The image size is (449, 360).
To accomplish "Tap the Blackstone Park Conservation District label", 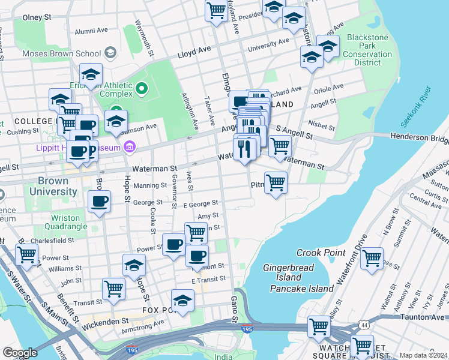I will [x=367, y=50].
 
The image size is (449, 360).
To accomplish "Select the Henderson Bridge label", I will [x=419, y=139].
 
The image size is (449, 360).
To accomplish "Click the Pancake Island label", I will [x=301, y=289].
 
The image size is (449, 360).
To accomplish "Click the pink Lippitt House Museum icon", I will [x=129, y=147].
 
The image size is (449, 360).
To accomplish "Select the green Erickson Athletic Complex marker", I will [x=142, y=90].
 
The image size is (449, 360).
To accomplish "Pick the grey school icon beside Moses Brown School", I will [x=110, y=53].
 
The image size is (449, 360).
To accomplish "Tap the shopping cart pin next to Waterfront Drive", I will [x=372, y=258].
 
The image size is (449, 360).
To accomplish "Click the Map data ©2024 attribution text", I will [x=423, y=355].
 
